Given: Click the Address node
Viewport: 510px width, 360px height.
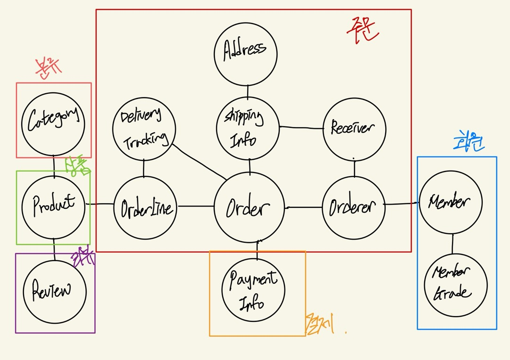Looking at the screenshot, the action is click(245, 54).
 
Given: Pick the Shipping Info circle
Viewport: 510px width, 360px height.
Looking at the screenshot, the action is click(247, 128).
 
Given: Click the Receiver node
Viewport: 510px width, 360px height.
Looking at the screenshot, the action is click(354, 129).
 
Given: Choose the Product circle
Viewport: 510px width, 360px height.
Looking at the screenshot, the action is click(53, 205).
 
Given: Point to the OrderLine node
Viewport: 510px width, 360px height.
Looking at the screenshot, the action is click(146, 207).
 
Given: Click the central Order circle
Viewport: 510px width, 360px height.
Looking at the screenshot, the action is click(249, 208).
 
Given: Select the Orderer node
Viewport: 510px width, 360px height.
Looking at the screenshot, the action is click(353, 207).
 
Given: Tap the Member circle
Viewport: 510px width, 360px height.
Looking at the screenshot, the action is click(451, 202).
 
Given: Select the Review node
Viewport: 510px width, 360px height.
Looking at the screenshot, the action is click(55, 291).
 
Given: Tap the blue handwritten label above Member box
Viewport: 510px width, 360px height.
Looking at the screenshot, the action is click(469, 142).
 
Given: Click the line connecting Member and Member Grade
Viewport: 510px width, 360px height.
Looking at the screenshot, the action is click(453, 244).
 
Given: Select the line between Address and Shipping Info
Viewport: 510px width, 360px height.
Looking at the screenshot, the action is click(248, 91).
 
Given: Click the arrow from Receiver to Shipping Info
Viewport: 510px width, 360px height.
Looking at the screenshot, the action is click(301, 127).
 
